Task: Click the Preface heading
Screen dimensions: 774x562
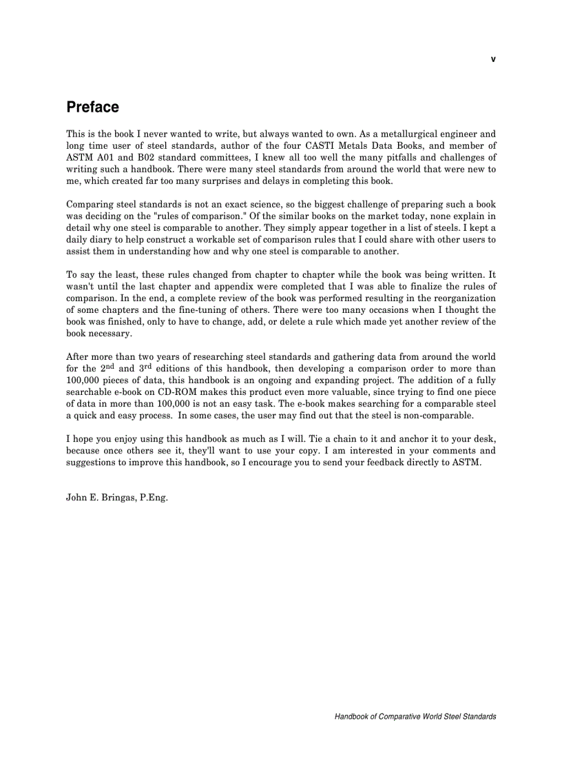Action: point(92,108)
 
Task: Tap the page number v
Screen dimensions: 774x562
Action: point(492,59)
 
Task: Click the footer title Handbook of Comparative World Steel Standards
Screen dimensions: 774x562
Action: point(415,717)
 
